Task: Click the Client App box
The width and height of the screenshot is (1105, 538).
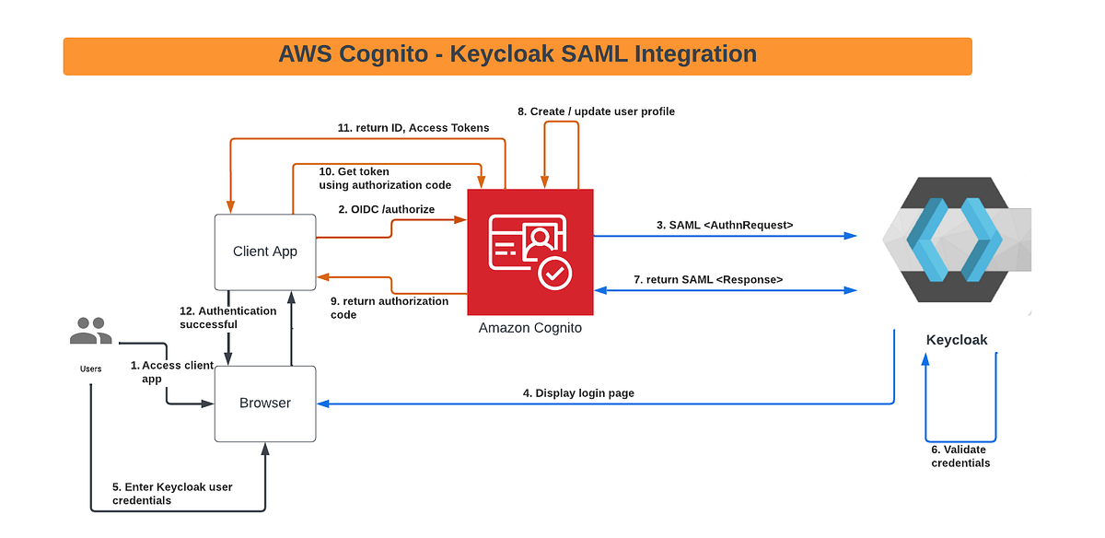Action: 265,251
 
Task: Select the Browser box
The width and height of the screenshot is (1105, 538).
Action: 265,403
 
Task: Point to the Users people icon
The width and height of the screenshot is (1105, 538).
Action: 90,331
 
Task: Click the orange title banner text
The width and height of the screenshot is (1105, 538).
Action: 518,55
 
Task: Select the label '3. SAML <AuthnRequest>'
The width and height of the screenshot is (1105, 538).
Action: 726,224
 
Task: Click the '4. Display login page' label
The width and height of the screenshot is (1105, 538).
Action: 578,393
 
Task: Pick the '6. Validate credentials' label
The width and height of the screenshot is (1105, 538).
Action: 960,456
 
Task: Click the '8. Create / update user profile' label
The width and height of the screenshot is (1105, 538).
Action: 596,111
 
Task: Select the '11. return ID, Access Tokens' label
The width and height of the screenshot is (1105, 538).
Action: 413,128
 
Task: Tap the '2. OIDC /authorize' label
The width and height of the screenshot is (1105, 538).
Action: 387,209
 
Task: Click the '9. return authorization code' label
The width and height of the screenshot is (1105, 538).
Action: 390,308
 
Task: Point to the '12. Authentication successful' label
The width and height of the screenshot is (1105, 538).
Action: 227,318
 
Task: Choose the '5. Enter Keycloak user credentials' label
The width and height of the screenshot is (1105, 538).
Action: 172,493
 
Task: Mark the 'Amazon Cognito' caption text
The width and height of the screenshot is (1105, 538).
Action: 530,328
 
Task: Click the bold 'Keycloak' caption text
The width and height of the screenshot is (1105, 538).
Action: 957,340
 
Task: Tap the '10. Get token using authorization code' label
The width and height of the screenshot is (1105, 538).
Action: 385,178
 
